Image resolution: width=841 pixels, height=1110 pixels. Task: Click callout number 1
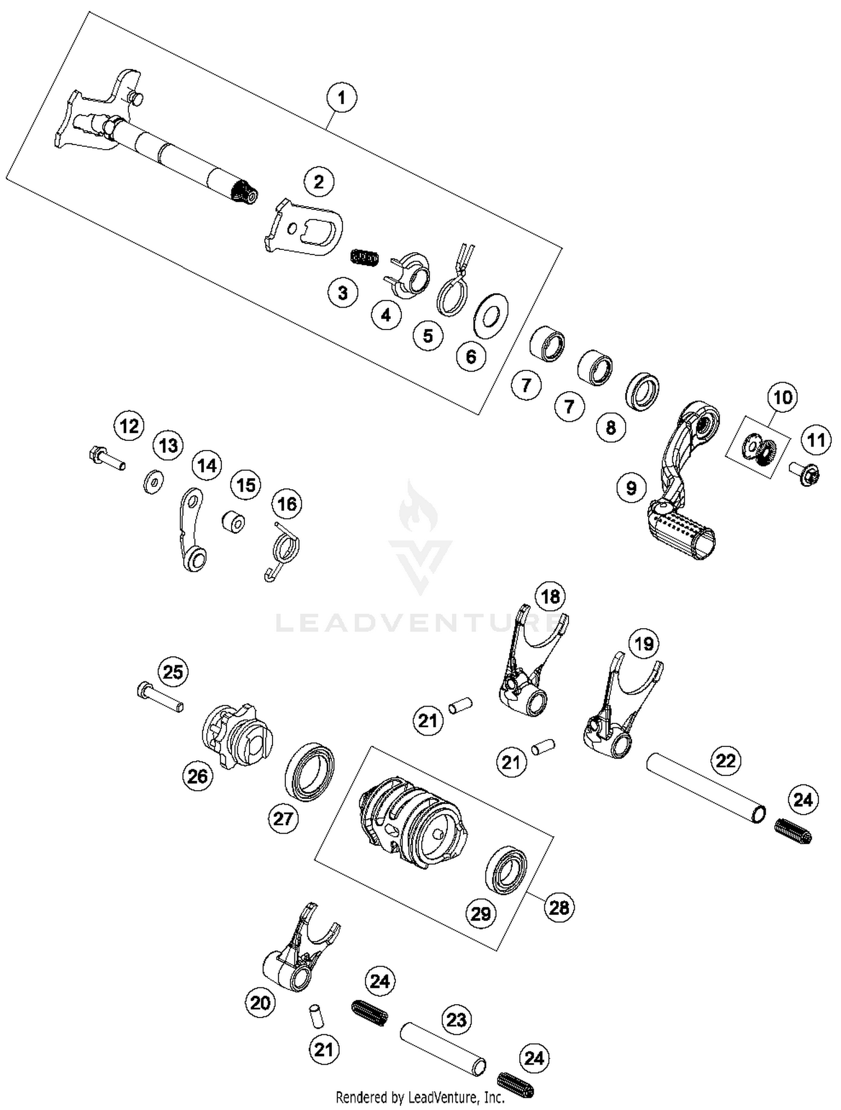[341, 97]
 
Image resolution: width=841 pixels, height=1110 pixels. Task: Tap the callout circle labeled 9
[631, 487]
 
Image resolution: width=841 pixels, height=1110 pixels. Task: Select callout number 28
[559, 907]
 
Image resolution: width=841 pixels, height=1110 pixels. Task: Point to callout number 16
[287, 504]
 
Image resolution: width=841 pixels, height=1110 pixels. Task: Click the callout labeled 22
[726, 761]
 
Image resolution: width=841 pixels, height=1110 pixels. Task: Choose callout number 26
[197, 776]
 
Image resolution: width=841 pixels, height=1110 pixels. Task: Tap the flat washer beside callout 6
[491, 318]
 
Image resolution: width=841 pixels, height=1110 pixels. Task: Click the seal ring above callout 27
[309, 772]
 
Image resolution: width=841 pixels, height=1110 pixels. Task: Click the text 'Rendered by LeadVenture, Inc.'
[419, 1097]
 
